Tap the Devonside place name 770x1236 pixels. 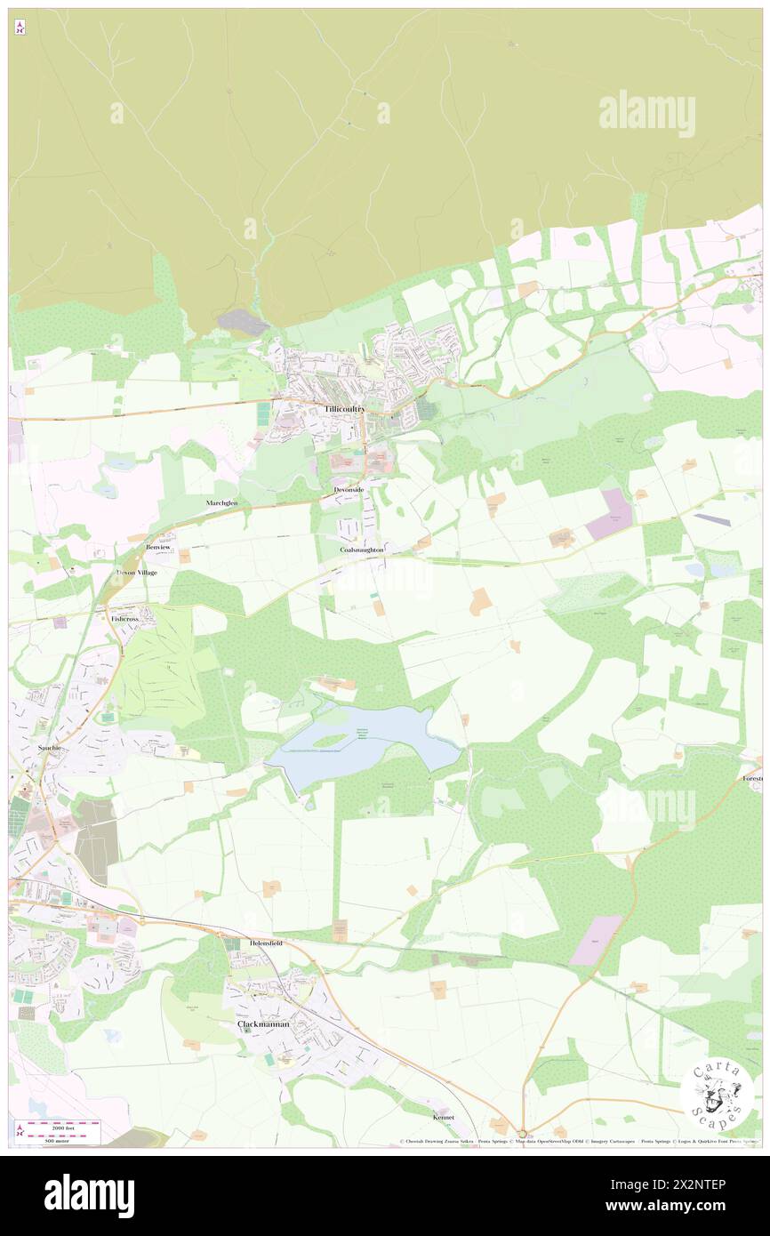pyautogui.click(x=349, y=490)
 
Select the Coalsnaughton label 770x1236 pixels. pyautogui.click(x=362, y=550)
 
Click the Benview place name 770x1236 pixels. pyautogui.click(x=158, y=547)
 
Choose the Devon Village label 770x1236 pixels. pyautogui.click(x=137, y=573)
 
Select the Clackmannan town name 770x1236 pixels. pyautogui.click(x=263, y=1024)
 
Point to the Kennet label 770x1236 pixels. pyautogui.click(x=443, y=1117)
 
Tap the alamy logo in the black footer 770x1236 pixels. pyautogui.click(x=89, y=1195)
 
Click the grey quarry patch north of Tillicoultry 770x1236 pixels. pyautogui.click(x=242, y=323)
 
